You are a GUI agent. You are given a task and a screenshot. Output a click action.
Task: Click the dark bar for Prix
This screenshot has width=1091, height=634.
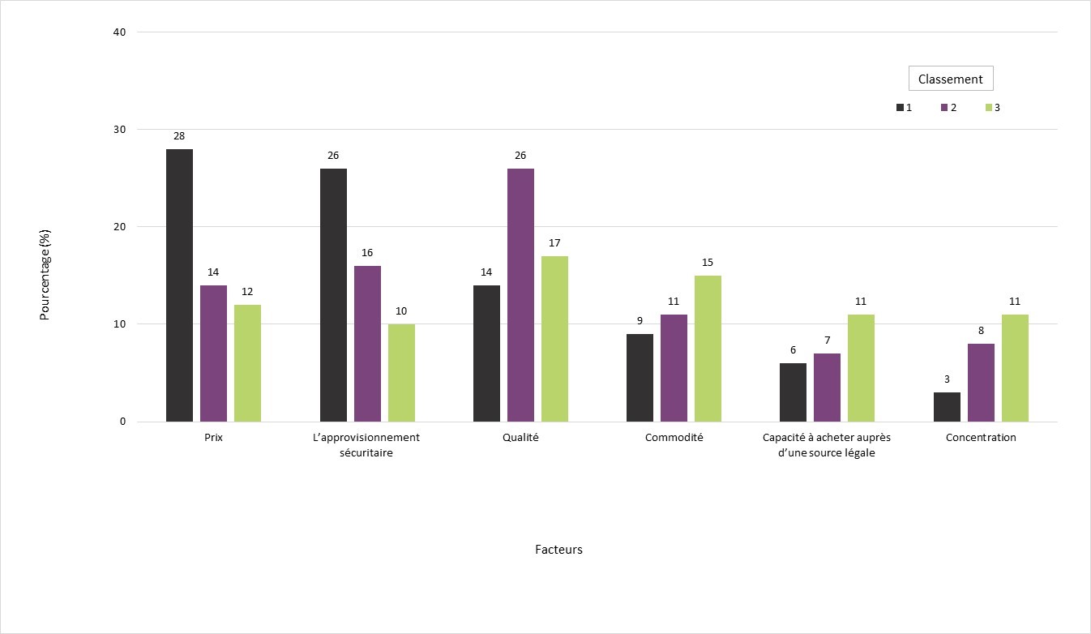click(x=179, y=285)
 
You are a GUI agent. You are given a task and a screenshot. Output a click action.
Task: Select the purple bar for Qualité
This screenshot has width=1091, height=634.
click(x=520, y=295)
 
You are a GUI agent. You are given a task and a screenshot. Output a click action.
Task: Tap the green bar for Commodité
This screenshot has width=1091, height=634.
click(x=708, y=349)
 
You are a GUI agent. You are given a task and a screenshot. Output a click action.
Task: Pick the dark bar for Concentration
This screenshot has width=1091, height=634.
click(x=947, y=407)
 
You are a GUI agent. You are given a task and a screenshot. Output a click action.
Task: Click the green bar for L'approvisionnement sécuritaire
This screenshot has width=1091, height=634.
click(x=401, y=373)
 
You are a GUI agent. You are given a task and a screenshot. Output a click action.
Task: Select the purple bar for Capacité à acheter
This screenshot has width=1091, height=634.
click(x=827, y=388)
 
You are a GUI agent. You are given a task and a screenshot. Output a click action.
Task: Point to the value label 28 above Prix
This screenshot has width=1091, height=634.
click(x=179, y=135)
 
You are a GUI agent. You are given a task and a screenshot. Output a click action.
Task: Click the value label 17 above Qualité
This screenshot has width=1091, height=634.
click(x=554, y=242)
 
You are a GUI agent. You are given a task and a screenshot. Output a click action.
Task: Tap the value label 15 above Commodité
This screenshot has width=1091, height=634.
click(x=708, y=262)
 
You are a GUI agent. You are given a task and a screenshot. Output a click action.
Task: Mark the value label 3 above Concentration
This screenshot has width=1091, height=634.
click(x=947, y=379)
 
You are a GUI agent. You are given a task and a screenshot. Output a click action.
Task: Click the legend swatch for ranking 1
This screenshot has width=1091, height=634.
click(x=900, y=108)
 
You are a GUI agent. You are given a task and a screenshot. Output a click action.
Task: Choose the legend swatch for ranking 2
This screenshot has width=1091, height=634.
click(x=944, y=108)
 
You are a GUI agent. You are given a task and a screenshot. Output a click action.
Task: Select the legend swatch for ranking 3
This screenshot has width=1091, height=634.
click(x=988, y=108)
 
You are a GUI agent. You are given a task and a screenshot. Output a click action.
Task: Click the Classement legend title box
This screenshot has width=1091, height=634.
click(x=950, y=79)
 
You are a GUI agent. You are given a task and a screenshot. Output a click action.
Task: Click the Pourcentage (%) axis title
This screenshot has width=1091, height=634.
click(x=45, y=274)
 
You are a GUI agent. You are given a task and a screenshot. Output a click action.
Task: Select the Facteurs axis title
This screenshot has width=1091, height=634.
click(x=558, y=550)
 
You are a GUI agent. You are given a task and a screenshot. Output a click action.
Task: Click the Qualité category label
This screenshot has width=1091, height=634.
click(x=520, y=438)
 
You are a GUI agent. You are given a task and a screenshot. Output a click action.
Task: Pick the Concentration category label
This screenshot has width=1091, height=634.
click(x=981, y=438)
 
